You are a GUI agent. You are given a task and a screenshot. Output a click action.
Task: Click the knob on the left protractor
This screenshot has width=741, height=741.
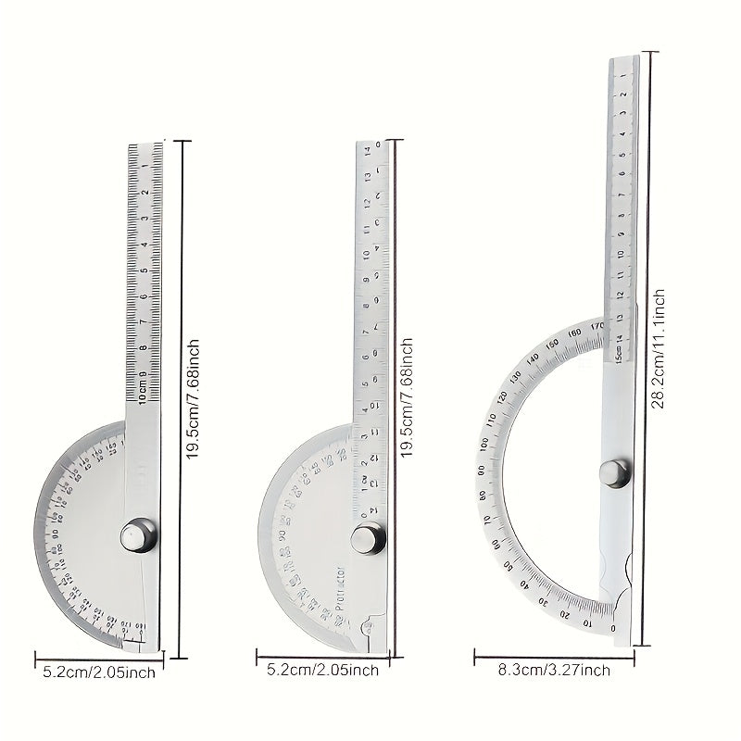138,536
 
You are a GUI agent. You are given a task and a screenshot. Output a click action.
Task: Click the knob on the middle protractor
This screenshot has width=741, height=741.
368,538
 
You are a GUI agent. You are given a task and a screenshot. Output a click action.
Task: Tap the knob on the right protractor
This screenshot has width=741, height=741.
613,472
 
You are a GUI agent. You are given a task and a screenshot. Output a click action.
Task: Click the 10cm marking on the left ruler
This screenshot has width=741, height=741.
142,392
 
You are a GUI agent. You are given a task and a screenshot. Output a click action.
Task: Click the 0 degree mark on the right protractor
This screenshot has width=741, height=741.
614,629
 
